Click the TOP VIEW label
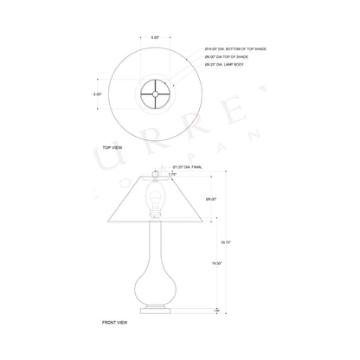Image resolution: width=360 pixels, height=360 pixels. click(114, 149)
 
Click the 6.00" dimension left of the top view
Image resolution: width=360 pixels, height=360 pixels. click(98, 93)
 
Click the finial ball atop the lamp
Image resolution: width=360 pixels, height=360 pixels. click(157, 172)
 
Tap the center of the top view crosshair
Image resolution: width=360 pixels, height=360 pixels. click(157, 93)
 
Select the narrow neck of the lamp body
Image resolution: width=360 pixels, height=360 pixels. click(157, 242)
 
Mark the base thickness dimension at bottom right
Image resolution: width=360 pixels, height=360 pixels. click(217, 308)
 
